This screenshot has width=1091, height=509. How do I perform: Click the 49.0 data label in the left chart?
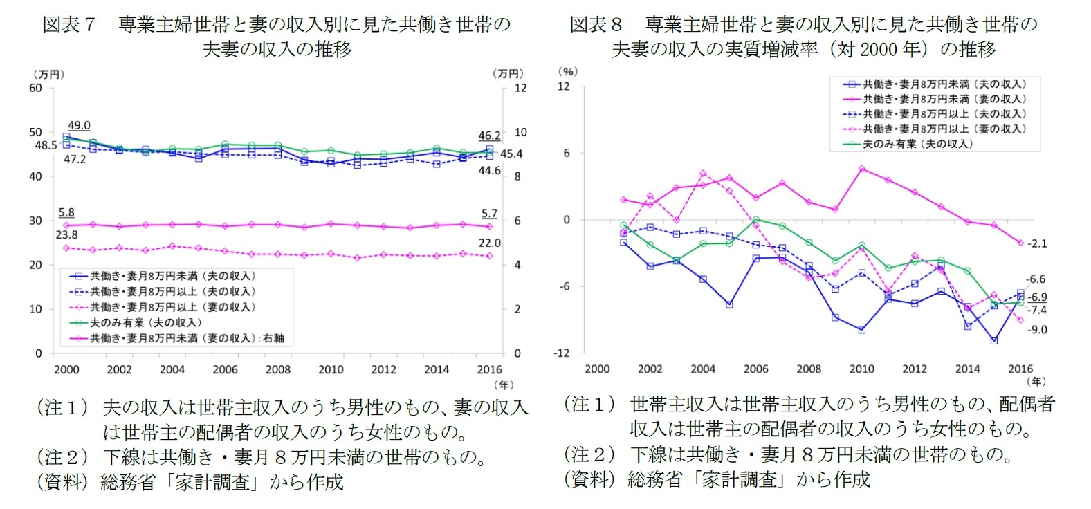click(79, 125)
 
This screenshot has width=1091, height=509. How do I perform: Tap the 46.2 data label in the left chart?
click(489, 136)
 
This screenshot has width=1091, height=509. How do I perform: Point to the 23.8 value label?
click(67, 234)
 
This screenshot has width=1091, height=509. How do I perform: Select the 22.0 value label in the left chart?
click(489, 243)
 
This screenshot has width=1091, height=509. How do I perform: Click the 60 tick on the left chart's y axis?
click(35, 88)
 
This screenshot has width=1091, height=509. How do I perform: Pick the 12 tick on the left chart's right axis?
click(520, 88)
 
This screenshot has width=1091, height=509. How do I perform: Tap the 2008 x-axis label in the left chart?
click(278, 369)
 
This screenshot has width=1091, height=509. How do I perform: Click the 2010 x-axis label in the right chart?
click(861, 369)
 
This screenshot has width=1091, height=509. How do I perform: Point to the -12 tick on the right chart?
click(561, 353)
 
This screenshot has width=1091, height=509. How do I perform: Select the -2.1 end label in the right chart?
click(1036, 243)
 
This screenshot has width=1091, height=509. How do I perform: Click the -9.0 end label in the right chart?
click(1036, 330)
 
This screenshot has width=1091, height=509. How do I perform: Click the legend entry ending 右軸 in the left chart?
click(185, 338)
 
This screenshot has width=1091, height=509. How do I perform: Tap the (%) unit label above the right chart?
click(567, 71)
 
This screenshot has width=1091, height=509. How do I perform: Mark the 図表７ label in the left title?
click(68, 25)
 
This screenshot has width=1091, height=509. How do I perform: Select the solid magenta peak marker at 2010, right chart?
click(861, 168)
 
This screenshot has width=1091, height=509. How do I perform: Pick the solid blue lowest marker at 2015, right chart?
click(993, 341)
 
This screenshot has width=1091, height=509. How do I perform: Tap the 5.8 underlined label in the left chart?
click(66, 212)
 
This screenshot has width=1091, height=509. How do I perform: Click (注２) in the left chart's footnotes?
click(62, 457)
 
